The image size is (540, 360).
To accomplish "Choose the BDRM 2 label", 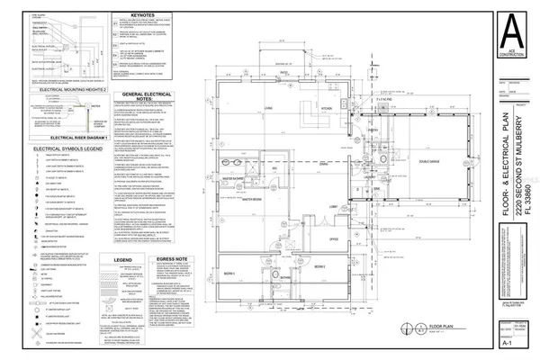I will coord(318,242).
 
